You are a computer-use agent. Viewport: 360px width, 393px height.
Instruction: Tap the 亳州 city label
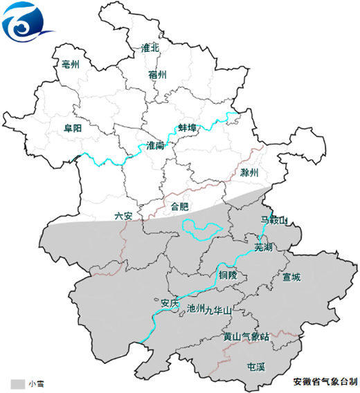click(x=71, y=64)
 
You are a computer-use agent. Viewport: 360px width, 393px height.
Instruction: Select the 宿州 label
click(x=157, y=74)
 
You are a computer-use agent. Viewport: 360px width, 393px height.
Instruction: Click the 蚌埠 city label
click(x=188, y=128)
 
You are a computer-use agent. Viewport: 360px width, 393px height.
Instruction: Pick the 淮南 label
click(x=155, y=145)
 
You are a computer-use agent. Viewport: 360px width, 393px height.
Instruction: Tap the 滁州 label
click(x=249, y=172)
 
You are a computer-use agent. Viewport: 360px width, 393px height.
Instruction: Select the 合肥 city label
click(x=179, y=206)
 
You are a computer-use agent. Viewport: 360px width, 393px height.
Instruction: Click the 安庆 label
click(x=170, y=302)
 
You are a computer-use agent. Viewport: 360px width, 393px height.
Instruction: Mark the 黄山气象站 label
click(x=245, y=337)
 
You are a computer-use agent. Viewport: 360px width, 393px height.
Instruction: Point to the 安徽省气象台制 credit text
click(x=325, y=381)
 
